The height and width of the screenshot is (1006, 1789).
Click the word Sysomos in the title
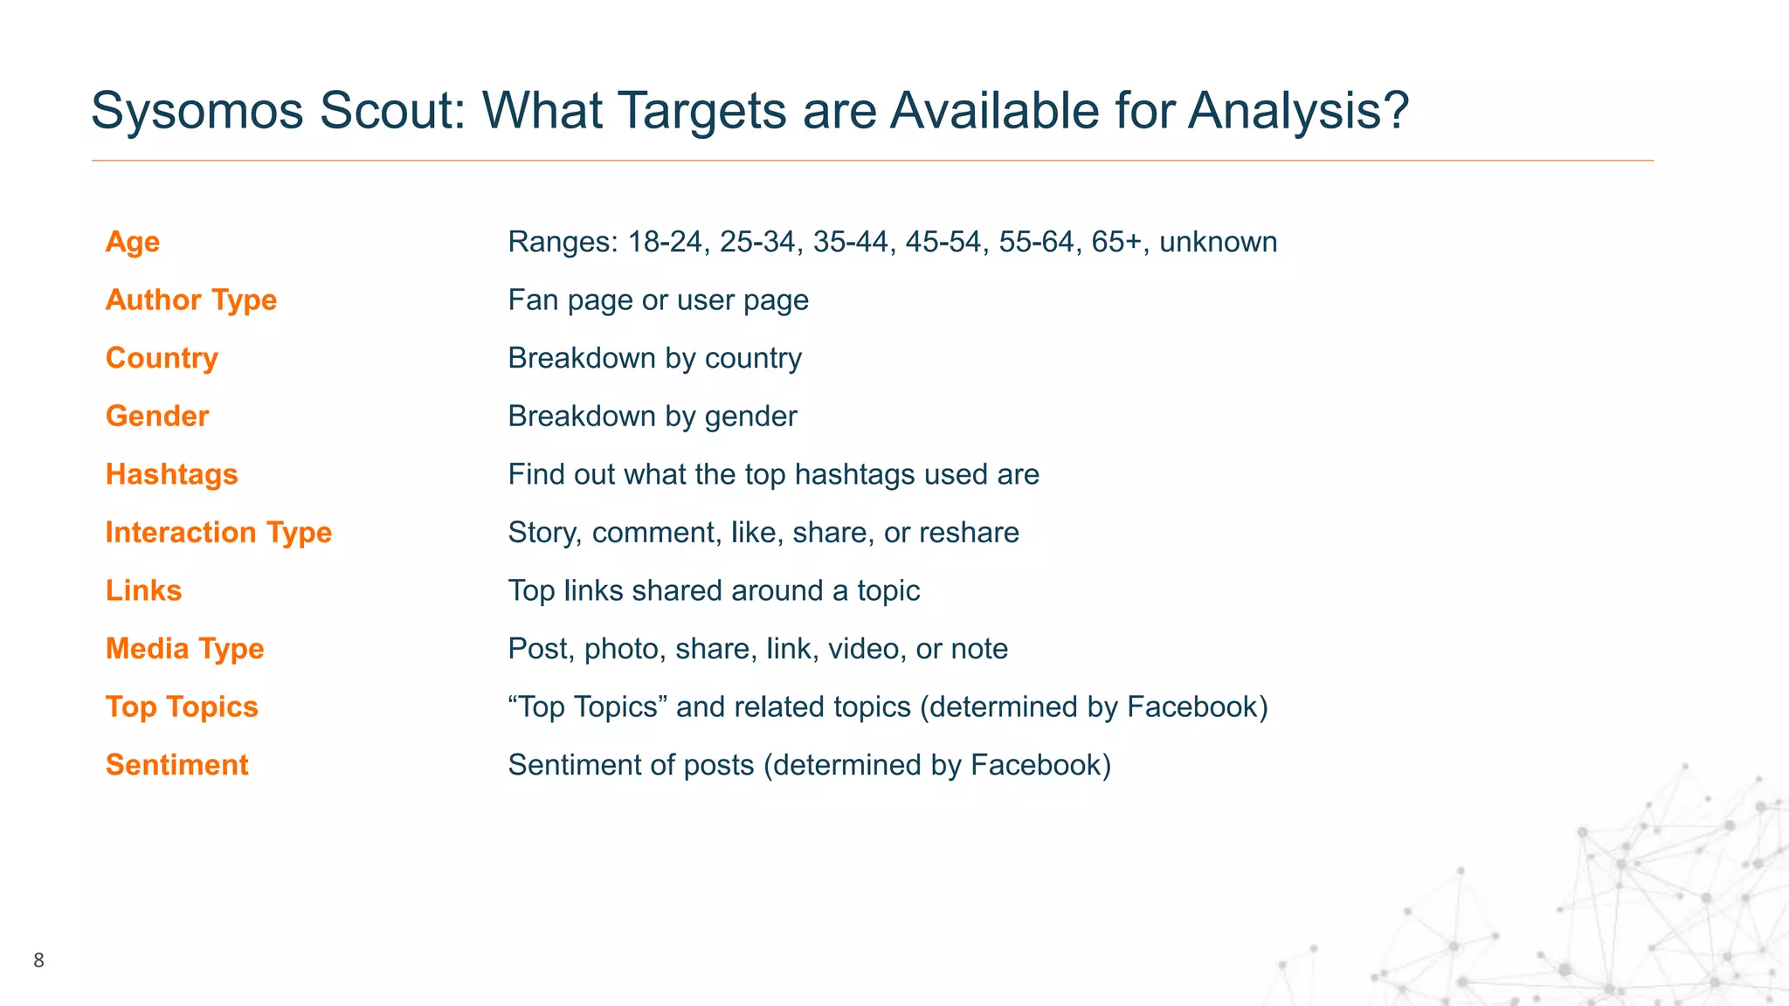[197, 112]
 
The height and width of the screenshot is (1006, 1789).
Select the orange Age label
[133, 242]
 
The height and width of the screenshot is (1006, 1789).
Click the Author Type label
[191, 300]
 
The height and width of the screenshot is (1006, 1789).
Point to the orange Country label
[162, 358]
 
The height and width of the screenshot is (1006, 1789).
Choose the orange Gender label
[157, 417]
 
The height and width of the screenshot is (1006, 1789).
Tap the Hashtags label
[172, 474]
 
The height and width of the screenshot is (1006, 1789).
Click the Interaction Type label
[218, 533]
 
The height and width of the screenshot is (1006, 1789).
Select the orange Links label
[144, 591]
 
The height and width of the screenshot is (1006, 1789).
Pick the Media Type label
[184, 649]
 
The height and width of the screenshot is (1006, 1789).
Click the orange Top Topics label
[182, 707]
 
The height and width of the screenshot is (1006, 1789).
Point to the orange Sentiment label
[177, 765]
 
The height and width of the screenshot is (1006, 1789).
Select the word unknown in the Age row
[1218, 242]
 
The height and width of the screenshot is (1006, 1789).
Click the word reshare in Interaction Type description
[969, 533]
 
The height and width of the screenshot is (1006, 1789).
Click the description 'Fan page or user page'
[658, 300]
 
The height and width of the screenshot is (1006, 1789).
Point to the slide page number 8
[38, 961]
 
